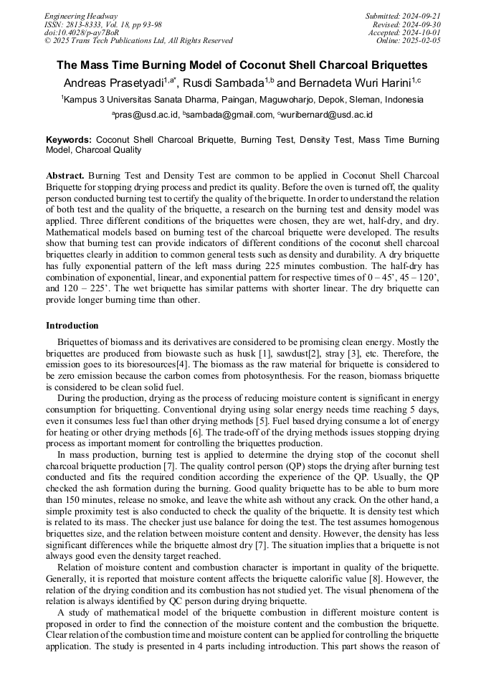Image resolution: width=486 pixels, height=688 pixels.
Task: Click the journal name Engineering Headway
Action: coord(81,16)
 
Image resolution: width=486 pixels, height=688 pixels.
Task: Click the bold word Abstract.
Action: coord(65,176)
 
